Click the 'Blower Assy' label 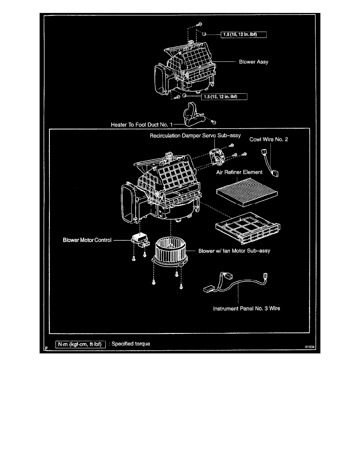coord(254,62)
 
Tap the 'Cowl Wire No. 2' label coord(269,140)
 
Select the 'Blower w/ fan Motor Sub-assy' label coord(235,250)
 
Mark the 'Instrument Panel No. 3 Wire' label coord(246,308)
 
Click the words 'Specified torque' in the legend coord(131,344)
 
